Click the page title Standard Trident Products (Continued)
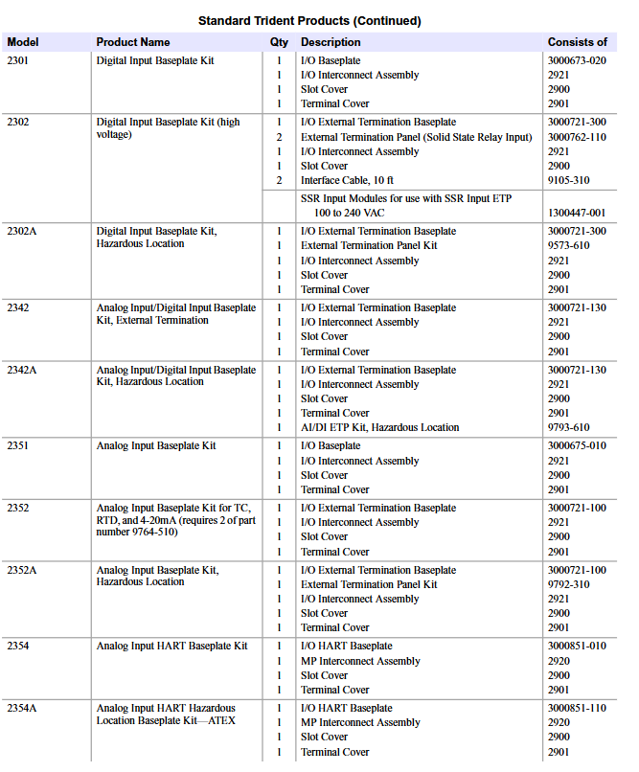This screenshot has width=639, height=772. coord(309,20)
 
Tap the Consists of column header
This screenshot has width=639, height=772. coord(577,42)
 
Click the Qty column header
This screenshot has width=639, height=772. coord(279,42)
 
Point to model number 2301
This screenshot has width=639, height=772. coord(18,60)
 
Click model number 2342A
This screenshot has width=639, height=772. coord(23,370)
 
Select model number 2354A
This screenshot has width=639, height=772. coord(23,708)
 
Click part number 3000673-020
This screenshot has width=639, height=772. coord(577,60)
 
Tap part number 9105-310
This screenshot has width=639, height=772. coord(568,180)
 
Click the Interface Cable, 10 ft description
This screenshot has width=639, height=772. coord(347,180)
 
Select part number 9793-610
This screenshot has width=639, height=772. coord(568,427)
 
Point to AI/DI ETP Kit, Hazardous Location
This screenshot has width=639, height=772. coord(379,427)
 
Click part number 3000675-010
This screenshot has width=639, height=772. coord(577,445)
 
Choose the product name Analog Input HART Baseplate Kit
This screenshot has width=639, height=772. coord(171,646)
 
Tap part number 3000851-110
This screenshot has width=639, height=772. coord(577,708)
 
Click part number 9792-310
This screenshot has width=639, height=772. coord(568,584)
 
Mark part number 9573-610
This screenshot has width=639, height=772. coord(568,245)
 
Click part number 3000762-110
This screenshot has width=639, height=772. coord(577,137)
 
